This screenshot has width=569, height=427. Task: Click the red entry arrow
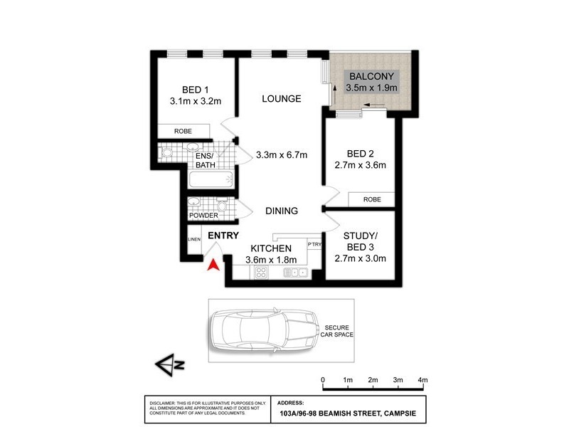[211, 265]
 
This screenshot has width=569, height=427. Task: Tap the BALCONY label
[371, 76]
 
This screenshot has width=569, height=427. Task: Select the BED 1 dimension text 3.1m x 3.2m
[195, 101]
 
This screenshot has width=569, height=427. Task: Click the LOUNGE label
[280, 98]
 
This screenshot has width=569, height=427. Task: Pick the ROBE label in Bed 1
[184, 131]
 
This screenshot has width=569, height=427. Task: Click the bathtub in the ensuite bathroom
[213, 181]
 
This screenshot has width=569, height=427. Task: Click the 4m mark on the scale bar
[422, 379]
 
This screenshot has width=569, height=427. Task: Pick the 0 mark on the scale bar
[323, 379]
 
